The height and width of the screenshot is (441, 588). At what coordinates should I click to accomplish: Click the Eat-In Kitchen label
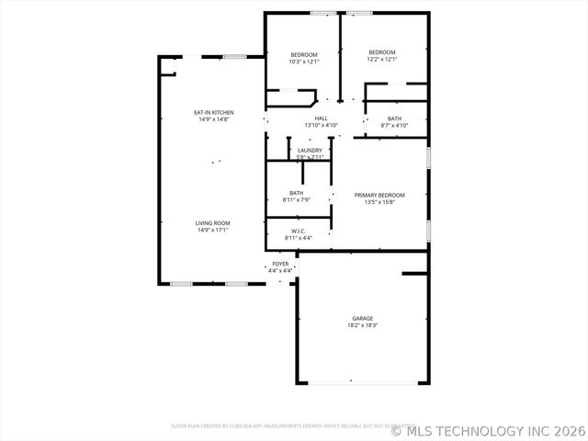212,112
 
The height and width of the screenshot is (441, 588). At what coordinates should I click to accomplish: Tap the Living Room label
212,223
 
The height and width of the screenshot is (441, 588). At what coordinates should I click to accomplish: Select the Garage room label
362,319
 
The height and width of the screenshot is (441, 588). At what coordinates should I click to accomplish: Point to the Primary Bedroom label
379,195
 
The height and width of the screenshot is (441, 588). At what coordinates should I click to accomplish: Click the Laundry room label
310,150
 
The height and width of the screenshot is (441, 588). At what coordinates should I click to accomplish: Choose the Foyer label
280,264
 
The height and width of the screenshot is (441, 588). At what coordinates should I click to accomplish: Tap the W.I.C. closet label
298,231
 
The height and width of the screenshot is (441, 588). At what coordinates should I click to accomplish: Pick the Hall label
321,118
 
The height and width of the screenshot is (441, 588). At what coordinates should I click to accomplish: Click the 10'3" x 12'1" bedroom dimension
303,62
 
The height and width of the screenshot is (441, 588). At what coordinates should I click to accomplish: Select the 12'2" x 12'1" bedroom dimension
382,59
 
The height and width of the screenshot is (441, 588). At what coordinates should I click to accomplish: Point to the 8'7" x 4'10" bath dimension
394,125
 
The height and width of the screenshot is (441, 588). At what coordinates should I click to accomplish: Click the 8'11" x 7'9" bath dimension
297,199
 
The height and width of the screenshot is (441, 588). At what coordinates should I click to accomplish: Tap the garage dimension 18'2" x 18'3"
362,325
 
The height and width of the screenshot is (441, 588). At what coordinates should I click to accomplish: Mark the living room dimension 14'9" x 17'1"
212,230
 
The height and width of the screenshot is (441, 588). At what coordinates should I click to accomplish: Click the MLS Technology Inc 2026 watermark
489,430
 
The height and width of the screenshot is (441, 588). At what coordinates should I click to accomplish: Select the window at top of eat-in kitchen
234,57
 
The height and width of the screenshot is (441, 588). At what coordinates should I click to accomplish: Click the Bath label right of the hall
394,118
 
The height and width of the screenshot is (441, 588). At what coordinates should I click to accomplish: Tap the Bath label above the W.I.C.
297,193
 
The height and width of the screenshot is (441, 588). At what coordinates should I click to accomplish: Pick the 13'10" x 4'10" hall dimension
321,125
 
